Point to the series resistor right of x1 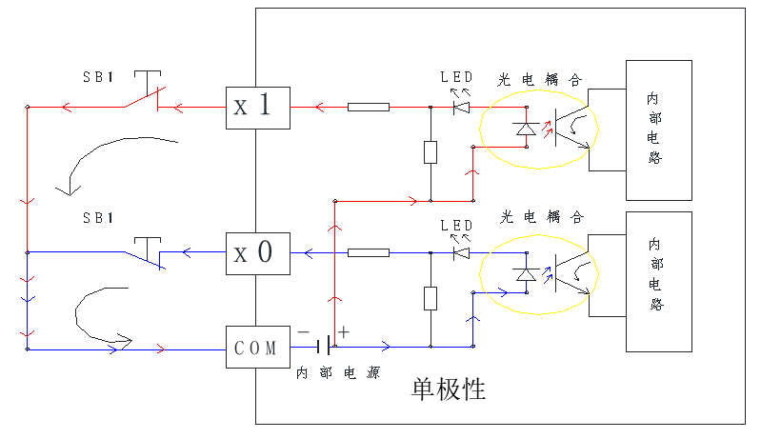pyautogui.click(x=368, y=107)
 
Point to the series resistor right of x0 pyautogui.click(x=368, y=252)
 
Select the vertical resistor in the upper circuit pyautogui.click(x=431, y=152)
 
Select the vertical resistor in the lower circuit pyautogui.click(x=431, y=298)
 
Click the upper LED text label pyautogui.click(x=456, y=77)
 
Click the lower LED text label pyautogui.click(x=456, y=225)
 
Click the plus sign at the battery pyautogui.click(x=344, y=331)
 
